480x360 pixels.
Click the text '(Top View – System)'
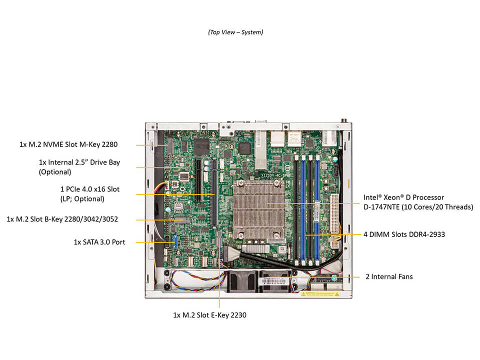point(235,32)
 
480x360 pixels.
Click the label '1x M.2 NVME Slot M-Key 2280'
point(68,145)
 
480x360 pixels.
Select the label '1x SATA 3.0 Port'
point(99,242)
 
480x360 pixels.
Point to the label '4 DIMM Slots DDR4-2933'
point(404,234)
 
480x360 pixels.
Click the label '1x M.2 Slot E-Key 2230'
point(209,315)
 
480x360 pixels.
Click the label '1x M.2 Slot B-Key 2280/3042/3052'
point(62,219)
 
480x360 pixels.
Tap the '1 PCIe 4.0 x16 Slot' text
point(90,189)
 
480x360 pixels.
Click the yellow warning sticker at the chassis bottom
point(319,294)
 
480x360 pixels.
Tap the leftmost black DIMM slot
point(295,210)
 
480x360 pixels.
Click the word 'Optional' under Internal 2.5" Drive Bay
point(54,172)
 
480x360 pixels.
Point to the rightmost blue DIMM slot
point(317,210)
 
